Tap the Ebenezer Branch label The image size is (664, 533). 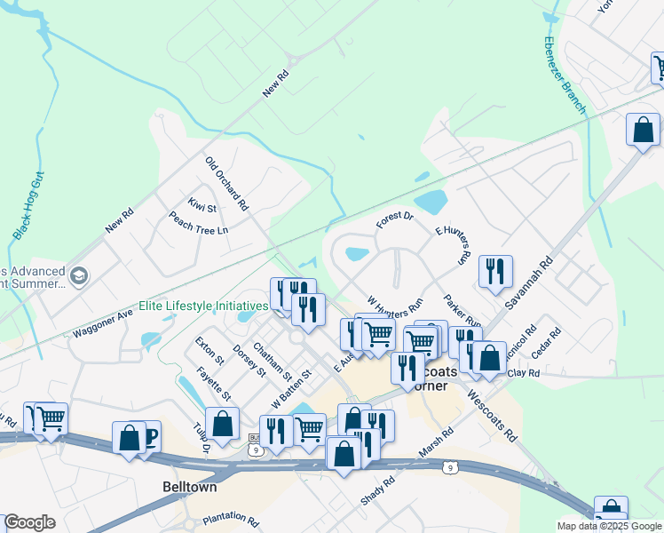pyautogui.click(x=565, y=76)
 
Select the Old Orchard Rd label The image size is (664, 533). pyautogui.click(x=226, y=184)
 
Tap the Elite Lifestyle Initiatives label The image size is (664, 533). pyautogui.click(x=203, y=306)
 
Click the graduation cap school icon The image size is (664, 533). pyautogui.click(x=79, y=275)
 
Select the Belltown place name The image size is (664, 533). pyautogui.click(x=190, y=487)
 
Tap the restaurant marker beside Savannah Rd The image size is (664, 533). pyautogui.click(x=495, y=270)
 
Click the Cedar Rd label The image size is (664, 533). pyautogui.click(x=546, y=344)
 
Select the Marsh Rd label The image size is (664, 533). pyautogui.click(x=436, y=444)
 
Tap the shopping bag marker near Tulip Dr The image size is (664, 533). pyautogui.click(x=221, y=422)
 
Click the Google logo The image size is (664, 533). pyautogui.click(x=29, y=522)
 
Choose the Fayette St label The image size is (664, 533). pyautogui.click(x=214, y=384)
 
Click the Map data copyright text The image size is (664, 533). pyautogui.click(x=609, y=526)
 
